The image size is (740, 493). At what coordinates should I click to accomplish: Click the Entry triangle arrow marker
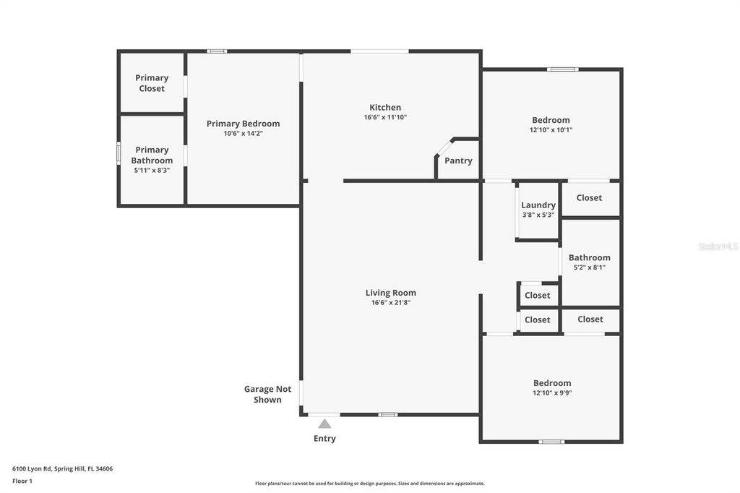click(324, 424)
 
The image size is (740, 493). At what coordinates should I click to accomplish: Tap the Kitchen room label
click(385, 108)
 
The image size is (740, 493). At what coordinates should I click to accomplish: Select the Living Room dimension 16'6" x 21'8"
click(390, 303)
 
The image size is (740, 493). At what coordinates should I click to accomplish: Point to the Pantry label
click(458, 160)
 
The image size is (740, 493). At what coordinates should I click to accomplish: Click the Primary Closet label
click(152, 83)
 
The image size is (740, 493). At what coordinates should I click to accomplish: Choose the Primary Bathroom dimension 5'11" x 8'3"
click(152, 170)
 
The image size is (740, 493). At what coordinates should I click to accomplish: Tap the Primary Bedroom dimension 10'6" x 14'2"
click(243, 134)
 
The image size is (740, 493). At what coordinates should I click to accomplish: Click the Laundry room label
click(538, 205)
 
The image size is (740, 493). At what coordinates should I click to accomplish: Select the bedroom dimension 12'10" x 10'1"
click(551, 130)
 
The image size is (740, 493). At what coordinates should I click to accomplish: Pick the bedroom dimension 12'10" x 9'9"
click(552, 393)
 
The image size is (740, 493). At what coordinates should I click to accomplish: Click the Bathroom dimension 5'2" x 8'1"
click(589, 267)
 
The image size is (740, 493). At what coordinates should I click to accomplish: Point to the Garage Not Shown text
click(267, 394)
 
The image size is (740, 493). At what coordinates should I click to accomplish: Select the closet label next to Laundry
click(589, 197)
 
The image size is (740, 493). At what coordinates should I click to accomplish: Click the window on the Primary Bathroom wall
click(119, 153)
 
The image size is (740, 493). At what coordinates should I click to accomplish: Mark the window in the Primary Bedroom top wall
click(216, 51)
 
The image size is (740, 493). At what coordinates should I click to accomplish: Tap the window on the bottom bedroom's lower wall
click(551, 442)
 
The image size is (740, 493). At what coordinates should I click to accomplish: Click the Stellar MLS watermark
click(718, 246)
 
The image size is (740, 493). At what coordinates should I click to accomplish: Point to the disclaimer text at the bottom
click(369, 484)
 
